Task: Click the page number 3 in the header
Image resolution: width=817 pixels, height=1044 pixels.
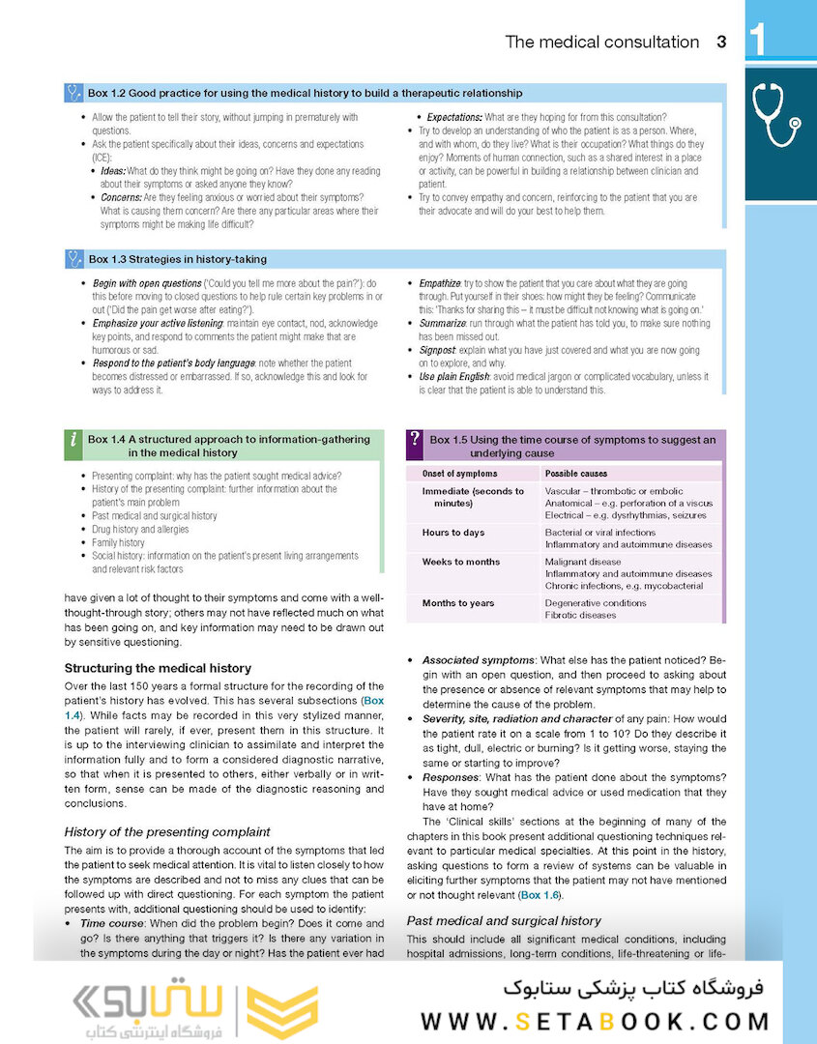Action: pyautogui.click(x=721, y=42)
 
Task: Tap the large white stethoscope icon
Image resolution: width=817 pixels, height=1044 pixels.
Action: pyautogui.click(x=779, y=113)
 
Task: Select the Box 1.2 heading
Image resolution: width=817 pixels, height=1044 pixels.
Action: pyautogui.click(x=305, y=93)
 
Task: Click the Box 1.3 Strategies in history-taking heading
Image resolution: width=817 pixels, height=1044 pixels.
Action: pyautogui.click(x=177, y=259)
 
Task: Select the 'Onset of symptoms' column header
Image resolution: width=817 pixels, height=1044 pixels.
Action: pyautogui.click(x=459, y=474)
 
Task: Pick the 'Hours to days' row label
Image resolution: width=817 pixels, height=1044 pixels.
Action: pyautogui.click(x=453, y=533)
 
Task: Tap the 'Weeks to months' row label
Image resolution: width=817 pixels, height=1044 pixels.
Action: pyautogui.click(x=461, y=562)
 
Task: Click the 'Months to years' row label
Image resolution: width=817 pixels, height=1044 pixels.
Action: pyautogui.click(x=458, y=603)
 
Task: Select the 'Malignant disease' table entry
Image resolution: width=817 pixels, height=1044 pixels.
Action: pyautogui.click(x=583, y=562)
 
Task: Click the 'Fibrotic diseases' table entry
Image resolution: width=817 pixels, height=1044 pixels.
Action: pyautogui.click(x=580, y=615)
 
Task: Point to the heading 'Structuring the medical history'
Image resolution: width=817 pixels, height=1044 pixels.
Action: pyautogui.click(x=158, y=668)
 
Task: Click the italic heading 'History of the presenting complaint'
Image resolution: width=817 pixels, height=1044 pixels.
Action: pyautogui.click(x=167, y=831)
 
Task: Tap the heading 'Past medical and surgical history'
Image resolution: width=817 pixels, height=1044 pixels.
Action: pyautogui.click(x=504, y=921)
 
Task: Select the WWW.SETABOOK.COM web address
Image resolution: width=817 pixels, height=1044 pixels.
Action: pyautogui.click(x=596, y=1022)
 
